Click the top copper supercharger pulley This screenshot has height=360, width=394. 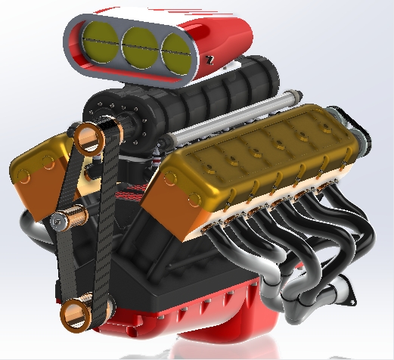tap(89, 140)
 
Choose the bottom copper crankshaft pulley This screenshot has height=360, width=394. tap(79, 314)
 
